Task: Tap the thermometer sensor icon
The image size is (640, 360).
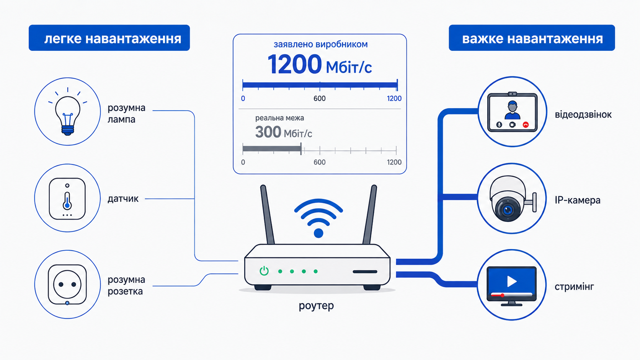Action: [67, 199]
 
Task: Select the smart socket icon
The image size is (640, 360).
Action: [67, 285]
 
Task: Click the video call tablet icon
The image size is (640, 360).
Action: [512, 112]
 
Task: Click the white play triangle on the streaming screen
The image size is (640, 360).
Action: [512, 282]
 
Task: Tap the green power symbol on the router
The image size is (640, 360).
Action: [264, 270]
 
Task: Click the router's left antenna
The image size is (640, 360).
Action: [267, 214]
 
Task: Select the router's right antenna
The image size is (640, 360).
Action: [370, 214]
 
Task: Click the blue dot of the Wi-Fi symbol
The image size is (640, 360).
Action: [318, 233]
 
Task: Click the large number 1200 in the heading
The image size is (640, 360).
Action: [295, 65]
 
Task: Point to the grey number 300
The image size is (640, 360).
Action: [268, 132]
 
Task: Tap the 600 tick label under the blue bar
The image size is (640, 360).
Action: [320, 98]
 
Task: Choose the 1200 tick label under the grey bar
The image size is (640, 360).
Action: [394, 162]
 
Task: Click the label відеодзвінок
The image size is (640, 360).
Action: [583, 115]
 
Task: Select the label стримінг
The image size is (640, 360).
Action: [574, 287]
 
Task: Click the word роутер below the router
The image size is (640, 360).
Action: [316, 306]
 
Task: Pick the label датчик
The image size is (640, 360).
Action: [123, 199]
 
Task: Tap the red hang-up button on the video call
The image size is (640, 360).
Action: [526, 125]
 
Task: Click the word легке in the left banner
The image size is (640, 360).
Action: [63, 39]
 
